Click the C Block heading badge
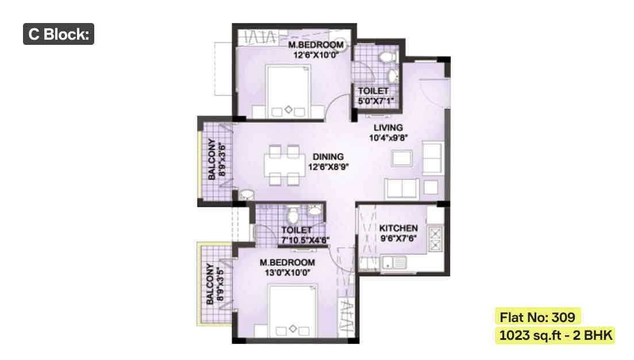59,34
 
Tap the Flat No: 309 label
537,317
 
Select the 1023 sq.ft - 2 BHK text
555,335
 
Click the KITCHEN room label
398,228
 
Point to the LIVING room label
388,128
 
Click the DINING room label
328,156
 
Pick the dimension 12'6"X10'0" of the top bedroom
316,55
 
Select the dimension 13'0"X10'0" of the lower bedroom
287,273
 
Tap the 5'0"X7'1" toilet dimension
375,101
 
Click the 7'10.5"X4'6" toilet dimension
305,240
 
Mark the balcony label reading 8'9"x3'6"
221,159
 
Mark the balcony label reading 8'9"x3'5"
220,284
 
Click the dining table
285,165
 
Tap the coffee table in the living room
402,158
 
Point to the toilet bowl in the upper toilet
388,56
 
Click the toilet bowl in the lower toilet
293,215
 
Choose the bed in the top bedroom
289,92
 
